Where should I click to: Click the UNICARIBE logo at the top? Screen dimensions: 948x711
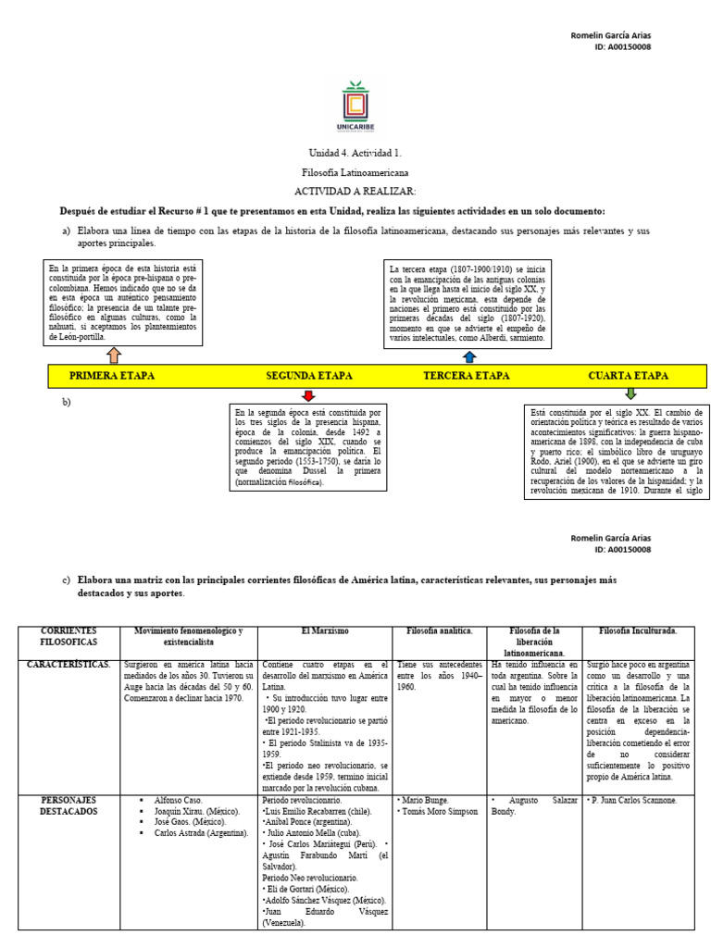tap(355, 108)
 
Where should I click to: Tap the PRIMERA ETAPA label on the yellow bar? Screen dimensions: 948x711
tap(112, 376)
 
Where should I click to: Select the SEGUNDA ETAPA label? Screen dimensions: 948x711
tap(309, 376)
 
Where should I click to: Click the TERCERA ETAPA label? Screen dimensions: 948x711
tap(466, 376)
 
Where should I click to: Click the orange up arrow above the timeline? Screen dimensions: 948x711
tap(114, 355)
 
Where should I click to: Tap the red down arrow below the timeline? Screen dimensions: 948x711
tap(308, 395)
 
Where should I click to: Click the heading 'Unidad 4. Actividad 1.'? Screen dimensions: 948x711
tap(355, 153)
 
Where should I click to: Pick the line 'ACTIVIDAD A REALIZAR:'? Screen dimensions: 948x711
tap(355, 189)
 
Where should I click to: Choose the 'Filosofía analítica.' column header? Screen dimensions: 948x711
tap(440, 631)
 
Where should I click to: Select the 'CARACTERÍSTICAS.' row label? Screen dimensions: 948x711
tap(69, 665)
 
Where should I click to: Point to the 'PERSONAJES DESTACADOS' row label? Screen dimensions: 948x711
tap(69, 805)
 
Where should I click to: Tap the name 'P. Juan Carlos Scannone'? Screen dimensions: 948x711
tap(635, 799)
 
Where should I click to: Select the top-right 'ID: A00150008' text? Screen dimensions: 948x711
tap(623, 46)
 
